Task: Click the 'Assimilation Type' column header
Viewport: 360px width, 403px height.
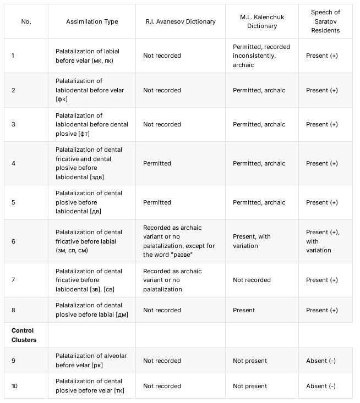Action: coord(91,21)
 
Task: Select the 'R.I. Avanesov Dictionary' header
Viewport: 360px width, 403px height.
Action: coord(181,21)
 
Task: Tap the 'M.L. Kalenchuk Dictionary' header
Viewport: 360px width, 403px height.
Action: coord(261,21)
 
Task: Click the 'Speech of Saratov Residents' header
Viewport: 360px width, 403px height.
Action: coord(325,21)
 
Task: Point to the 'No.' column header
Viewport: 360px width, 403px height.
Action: coord(26,21)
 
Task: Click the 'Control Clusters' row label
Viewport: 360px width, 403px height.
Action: coord(23,335)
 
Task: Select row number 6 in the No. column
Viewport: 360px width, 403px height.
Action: coord(13,241)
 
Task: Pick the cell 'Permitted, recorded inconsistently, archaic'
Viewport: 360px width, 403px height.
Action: coord(261,56)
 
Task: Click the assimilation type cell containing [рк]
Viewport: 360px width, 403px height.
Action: coord(91,360)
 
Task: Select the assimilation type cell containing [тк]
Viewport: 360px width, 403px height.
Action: coord(91,385)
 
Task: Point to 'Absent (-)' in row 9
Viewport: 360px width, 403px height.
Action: coord(321,361)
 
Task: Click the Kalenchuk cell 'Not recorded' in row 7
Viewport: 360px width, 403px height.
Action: coord(252,280)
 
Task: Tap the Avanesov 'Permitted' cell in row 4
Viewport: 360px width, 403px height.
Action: coord(157,163)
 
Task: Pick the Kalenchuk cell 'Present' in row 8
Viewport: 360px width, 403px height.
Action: coord(244,310)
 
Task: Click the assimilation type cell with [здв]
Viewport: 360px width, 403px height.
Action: coord(91,163)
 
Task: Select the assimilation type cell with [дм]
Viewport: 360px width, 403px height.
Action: coord(91,310)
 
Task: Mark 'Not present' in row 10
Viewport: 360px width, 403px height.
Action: coord(250,386)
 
